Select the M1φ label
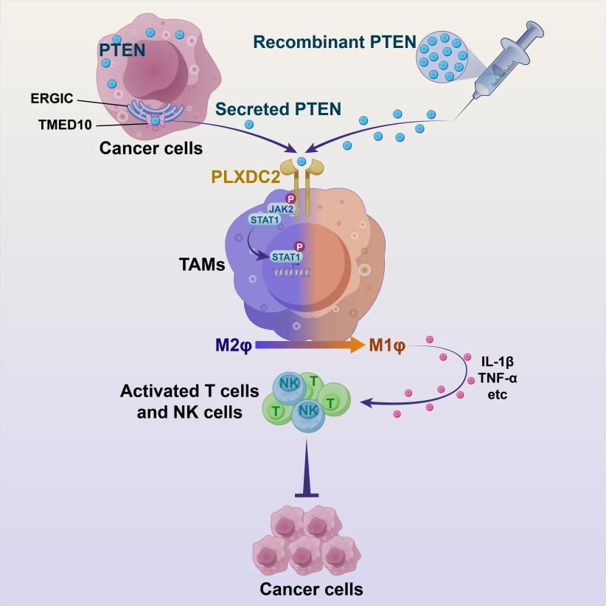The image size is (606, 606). click(x=387, y=345)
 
